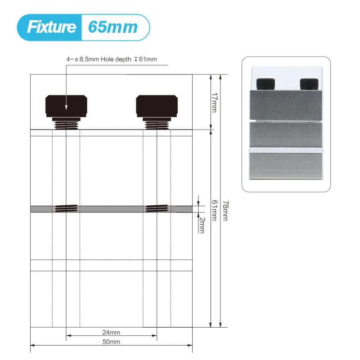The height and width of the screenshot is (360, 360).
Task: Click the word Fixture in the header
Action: coord(51,27)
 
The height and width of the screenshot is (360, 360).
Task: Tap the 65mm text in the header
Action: coord(112,27)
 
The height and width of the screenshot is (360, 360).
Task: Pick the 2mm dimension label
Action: coord(202,225)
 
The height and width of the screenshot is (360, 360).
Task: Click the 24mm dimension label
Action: coord(111,333)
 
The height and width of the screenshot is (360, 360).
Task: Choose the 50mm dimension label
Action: coord(111,342)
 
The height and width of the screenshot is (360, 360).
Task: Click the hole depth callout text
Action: coord(112,59)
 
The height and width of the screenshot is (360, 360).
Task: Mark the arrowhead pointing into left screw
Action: coord(66,107)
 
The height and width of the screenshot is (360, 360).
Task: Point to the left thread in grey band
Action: coord(66,208)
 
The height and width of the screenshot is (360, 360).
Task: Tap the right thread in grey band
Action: coord(157,208)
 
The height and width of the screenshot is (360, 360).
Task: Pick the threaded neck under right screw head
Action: coord(157,123)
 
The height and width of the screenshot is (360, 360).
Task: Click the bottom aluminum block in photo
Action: coord(286,165)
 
